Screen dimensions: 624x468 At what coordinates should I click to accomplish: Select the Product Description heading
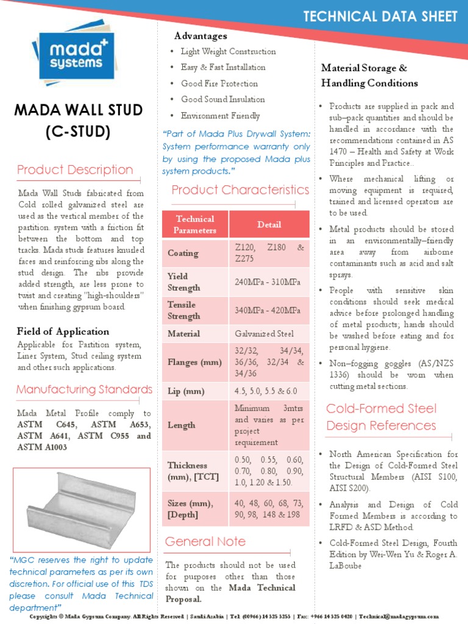coord(75,169)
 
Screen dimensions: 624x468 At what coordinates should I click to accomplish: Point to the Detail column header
coord(269,224)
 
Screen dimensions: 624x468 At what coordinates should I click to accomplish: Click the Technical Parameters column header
coord(195,224)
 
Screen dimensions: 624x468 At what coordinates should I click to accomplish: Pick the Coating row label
coord(183,253)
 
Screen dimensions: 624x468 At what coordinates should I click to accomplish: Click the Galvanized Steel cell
coord(264,333)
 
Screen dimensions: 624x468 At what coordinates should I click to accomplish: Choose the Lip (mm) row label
coord(185,391)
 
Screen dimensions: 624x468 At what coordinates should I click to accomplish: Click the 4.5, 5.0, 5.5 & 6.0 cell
coord(266,391)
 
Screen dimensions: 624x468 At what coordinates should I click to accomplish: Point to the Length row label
coord(182,425)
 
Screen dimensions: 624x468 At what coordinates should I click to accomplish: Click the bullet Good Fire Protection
coord(219,83)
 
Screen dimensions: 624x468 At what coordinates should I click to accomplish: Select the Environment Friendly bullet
coord(220,116)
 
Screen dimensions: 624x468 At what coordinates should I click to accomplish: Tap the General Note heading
coord(205,541)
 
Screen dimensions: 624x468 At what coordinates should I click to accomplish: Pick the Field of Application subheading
coord(63,331)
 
